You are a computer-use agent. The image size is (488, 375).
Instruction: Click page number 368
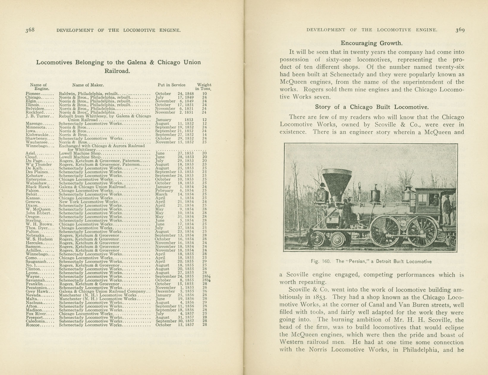click(30, 30)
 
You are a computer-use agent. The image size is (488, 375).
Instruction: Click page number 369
click(460, 30)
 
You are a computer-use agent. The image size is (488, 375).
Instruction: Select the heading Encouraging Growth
click(371, 43)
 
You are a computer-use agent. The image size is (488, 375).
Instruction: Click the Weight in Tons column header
click(204, 87)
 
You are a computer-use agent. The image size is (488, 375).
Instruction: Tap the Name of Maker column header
click(88, 85)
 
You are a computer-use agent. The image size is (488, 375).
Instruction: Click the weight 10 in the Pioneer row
click(204, 94)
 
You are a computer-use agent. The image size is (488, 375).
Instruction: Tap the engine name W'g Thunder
click(39, 164)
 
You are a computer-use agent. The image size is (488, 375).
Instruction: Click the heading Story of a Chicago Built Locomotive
click(371, 107)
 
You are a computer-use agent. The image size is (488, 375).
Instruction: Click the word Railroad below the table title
click(117, 71)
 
